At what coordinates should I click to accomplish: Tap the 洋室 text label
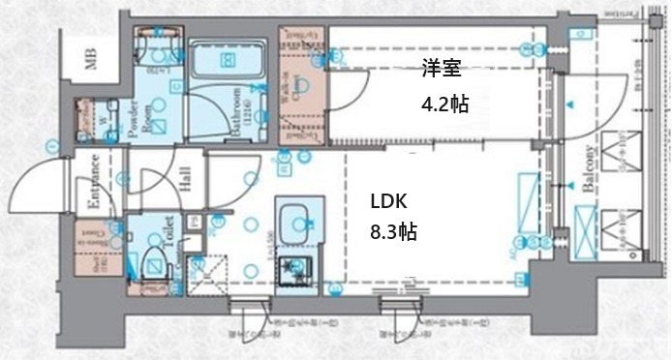[x=440, y=69]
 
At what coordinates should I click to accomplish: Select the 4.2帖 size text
[x=444, y=103]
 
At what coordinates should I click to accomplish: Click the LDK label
[x=389, y=201]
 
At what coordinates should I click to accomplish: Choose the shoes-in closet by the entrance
[x=94, y=249]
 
